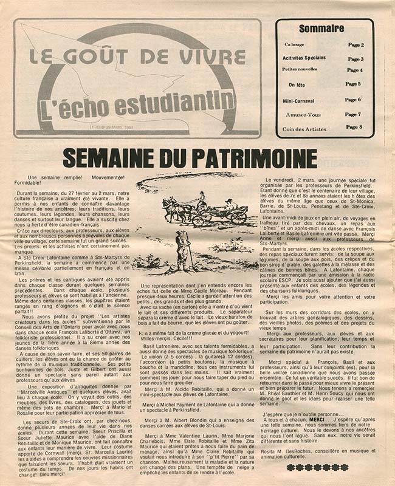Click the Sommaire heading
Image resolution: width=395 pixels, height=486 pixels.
pyautogui.click(x=321, y=29)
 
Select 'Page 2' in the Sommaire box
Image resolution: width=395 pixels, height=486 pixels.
pyautogui.click(x=355, y=45)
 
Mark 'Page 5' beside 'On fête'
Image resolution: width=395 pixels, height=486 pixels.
pyautogui.click(x=353, y=84)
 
